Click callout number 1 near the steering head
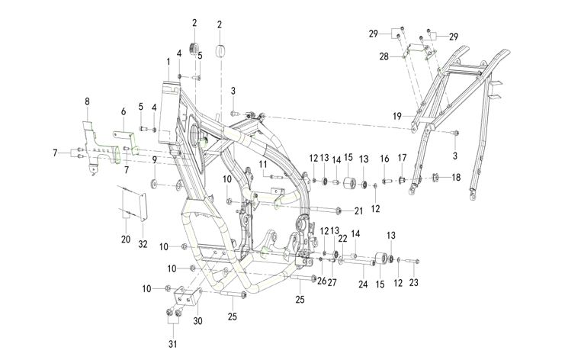[168, 60]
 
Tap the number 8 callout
[87, 101]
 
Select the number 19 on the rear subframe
[396, 116]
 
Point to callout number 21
[359, 211]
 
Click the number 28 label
[385, 56]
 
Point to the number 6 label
[123, 111]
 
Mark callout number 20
[125, 239]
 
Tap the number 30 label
[198, 322]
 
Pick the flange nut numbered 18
[436, 179]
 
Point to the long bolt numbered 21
[324, 209]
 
